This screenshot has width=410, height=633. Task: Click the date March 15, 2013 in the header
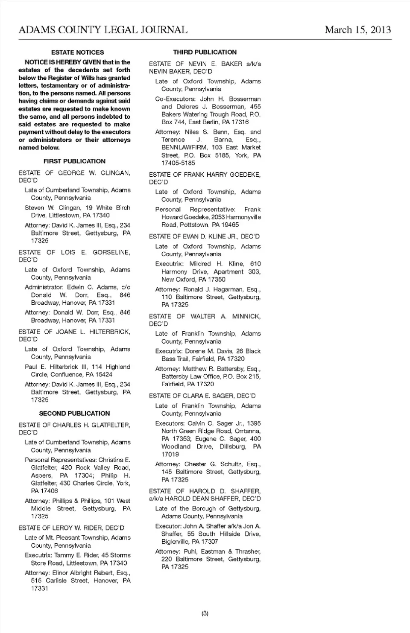point(357,30)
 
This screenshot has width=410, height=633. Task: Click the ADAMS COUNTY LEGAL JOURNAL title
point(103,30)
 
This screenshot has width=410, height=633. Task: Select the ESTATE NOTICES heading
point(77,53)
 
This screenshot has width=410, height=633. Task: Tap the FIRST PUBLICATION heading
point(74,161)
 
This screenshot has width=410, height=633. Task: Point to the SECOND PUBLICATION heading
point(74,414)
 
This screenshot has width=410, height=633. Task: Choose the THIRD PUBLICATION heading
point(205,52)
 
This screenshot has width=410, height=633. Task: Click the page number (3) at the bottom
point(205,613)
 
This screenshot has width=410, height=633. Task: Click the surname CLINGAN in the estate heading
point(115,173)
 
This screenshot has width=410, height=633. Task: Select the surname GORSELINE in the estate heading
point(111,252)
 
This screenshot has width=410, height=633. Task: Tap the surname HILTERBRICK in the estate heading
point(110,332)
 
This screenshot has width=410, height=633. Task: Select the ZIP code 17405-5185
point(178,163)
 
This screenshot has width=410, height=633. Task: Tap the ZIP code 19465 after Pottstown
point(230,225)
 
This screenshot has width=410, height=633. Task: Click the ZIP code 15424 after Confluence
point(104,375)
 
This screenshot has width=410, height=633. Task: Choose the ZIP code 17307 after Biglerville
point(209,542)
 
